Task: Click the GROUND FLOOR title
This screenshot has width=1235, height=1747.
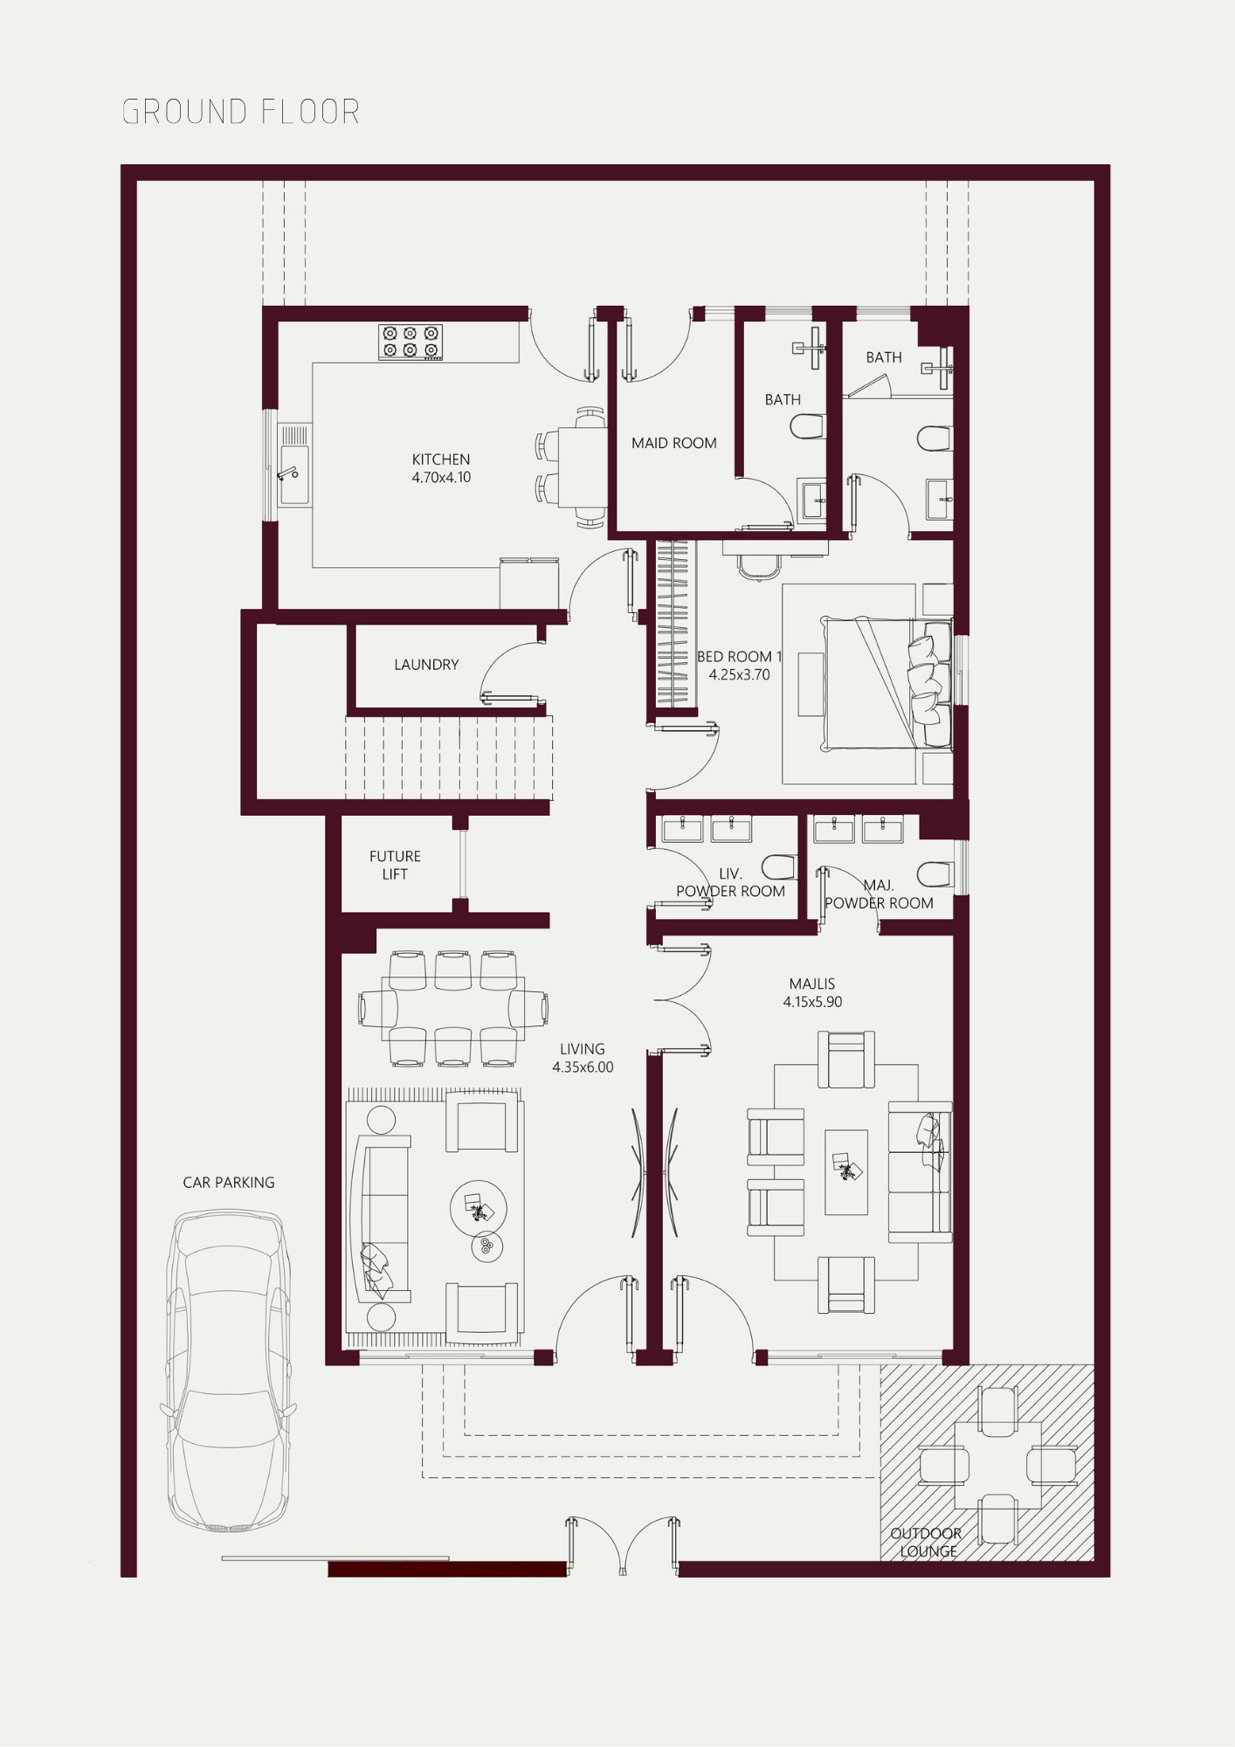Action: point(241,112)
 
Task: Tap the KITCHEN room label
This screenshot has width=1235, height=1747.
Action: point(441,459)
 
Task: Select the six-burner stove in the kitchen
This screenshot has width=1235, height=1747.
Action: point(411,342)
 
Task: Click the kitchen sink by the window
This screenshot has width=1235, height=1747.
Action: point(293,475)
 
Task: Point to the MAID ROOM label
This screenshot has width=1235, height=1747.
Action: point(674,443)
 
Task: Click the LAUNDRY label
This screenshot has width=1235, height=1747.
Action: point(426,665)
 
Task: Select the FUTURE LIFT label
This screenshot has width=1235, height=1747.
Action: point(395,865)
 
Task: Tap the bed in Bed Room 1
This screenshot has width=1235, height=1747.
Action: point(886,683)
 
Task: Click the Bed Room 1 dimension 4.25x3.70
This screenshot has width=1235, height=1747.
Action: point(740,675)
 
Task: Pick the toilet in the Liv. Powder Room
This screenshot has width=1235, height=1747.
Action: point(779,867)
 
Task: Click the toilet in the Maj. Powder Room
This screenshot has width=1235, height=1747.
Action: point(935,873)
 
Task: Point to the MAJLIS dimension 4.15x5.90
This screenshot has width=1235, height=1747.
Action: point(812,1002)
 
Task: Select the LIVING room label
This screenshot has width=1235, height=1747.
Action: point(583,1049)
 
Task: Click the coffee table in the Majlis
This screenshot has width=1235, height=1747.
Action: point(846,1171)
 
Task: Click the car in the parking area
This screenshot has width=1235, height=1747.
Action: point(228,1371)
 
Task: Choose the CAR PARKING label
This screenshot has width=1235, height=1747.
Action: point(229,1183)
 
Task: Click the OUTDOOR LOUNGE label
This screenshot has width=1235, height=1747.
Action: point(927,1543)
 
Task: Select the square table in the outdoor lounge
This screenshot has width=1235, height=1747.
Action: point(998,1465)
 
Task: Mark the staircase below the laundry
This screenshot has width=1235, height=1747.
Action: point(449,758)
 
